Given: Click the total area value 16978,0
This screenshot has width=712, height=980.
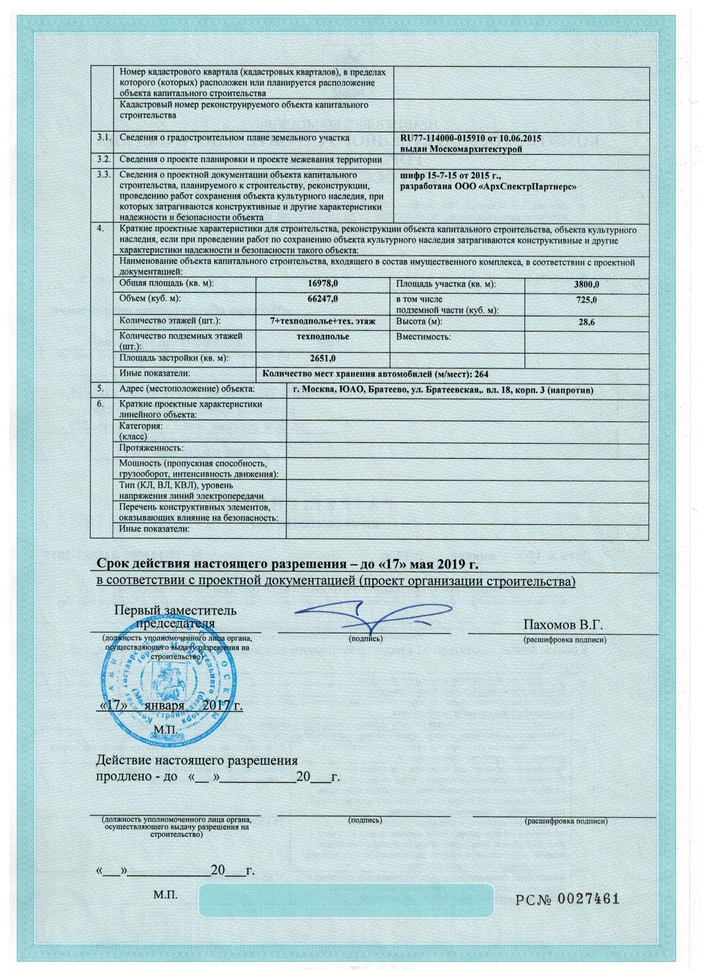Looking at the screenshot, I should (x=323, y=284).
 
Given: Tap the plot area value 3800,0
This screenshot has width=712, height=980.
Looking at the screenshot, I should (x=587, y=285).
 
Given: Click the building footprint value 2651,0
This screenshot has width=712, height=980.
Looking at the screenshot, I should (x=322, y=358).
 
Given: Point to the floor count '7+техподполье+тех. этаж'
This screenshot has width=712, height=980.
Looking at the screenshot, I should (x=322, y=321).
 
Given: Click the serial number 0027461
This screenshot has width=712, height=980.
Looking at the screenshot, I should (x=589, y=899).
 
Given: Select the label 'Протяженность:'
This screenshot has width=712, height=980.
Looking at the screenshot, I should (x=151, y=448).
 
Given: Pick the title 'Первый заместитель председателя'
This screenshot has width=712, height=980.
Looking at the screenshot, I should (x=175, y=616).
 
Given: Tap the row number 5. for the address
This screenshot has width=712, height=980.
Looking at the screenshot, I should (x=100, y=388).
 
